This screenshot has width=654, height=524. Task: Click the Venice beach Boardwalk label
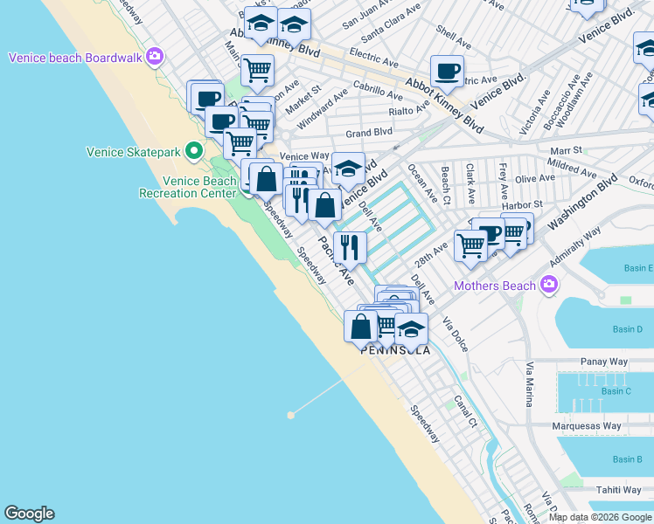click(77, 58)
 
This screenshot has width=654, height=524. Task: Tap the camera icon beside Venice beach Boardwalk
click(155, 58)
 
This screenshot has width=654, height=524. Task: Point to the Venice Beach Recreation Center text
click(187, 187)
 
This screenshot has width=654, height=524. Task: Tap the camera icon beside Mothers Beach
click(548, 285)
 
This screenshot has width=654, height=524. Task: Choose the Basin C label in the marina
click(616, 390)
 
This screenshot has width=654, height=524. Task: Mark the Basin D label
click(627, 329)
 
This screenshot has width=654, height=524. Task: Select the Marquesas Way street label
click(587, 426)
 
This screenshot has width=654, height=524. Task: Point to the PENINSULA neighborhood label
click(395, 350)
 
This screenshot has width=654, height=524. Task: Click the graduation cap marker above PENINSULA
click(411, 330)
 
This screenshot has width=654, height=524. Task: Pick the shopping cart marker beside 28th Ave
click(470, 245)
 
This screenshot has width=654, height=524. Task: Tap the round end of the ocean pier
click(290, 415)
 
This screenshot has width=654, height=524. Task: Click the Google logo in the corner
click(29, 514)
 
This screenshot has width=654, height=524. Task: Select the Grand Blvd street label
click(368, 133)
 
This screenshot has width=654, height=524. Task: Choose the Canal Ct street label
click(465, 413)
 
